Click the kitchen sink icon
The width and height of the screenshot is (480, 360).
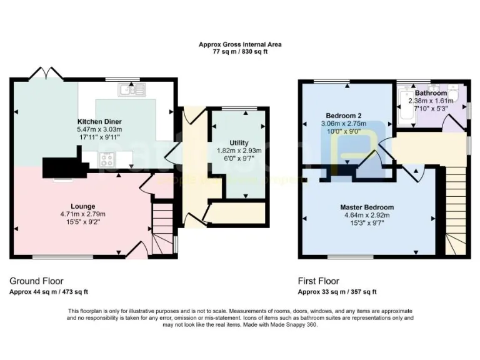tap(134, 91)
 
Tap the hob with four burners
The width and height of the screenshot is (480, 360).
tap(107, 160)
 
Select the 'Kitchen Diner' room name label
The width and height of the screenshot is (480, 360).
tap(99, 121)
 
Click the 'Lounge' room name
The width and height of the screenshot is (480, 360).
tap(82, 206)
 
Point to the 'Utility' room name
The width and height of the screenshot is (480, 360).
tap(239, 143)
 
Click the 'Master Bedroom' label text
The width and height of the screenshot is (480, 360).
tap(367, 207)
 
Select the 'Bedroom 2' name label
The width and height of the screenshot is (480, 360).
tap(344, 115)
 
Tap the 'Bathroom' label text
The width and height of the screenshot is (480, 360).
tap(431, 93)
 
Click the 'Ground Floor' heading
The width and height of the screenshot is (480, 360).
tap(36, 281)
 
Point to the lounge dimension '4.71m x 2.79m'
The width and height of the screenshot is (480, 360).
tap(82, 214)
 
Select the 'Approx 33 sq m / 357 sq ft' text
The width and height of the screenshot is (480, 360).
tap(338, 292)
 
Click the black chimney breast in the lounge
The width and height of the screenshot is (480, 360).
tap(62, 166)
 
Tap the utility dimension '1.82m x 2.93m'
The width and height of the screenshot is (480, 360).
tap(239, 151)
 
